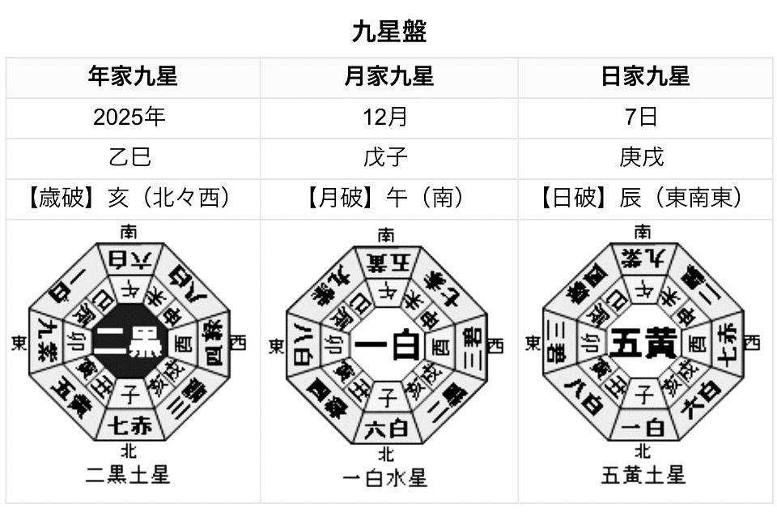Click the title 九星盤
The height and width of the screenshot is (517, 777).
388,32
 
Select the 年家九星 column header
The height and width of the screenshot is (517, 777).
133,77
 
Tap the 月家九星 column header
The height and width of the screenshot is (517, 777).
388,77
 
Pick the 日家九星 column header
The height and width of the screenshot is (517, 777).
645,77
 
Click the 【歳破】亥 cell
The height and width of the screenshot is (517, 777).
133,198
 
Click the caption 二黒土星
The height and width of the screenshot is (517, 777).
129,474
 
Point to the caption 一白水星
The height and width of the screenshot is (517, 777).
385,477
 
